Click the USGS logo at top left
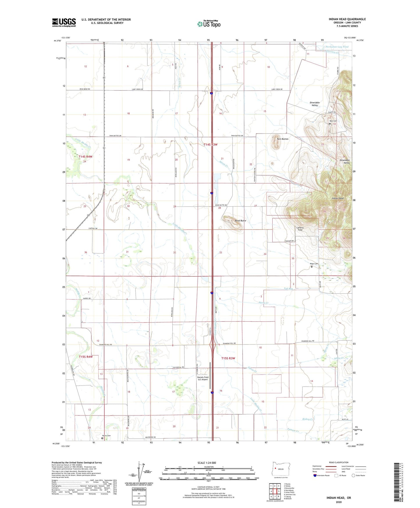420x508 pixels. click(x=64, y=22)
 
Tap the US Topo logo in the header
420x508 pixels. click(x=209, y=24)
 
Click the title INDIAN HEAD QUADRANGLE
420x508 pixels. click(x=347, y=19)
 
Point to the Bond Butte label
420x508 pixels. click(x=240, y=221)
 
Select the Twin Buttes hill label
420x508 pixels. click(x=282, y=139)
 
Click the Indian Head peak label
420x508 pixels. click(x=337, y=198)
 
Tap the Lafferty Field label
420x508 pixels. click(x=300, y=229)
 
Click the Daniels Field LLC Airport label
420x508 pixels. click(x=203, y=378)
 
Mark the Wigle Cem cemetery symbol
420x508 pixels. click(x=312, y=267)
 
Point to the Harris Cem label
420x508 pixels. click(x=106, y=436)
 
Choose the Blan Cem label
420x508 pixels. click(x=333, y=121)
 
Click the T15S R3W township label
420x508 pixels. click(x=228, y=358)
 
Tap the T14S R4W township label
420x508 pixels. click(x=85, y=157)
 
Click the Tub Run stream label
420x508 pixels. click(x=288, y=289)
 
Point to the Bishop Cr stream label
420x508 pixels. click(x=308, y=419)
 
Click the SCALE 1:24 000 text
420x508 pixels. click(x=207, y=463)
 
